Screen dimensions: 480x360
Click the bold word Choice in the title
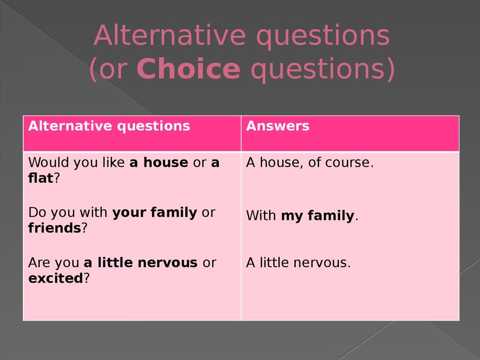click(188, 68)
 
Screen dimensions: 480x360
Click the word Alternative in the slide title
click(170, 35)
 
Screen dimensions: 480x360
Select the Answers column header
click(277, 126)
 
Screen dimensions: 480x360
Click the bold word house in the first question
click(166, 162)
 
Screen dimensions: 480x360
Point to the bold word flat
click(41, 178)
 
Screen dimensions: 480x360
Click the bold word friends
click(54, 228)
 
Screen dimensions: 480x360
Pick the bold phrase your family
click(155, 213)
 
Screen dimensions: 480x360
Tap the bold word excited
click(56, 278)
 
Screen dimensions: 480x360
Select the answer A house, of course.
click(310, 162)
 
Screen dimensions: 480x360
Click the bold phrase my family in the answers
click(317, 216)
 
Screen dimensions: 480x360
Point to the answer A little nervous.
click(298, 262)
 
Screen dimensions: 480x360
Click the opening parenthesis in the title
click(93, 69)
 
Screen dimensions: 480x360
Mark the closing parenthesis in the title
click(391, 69)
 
